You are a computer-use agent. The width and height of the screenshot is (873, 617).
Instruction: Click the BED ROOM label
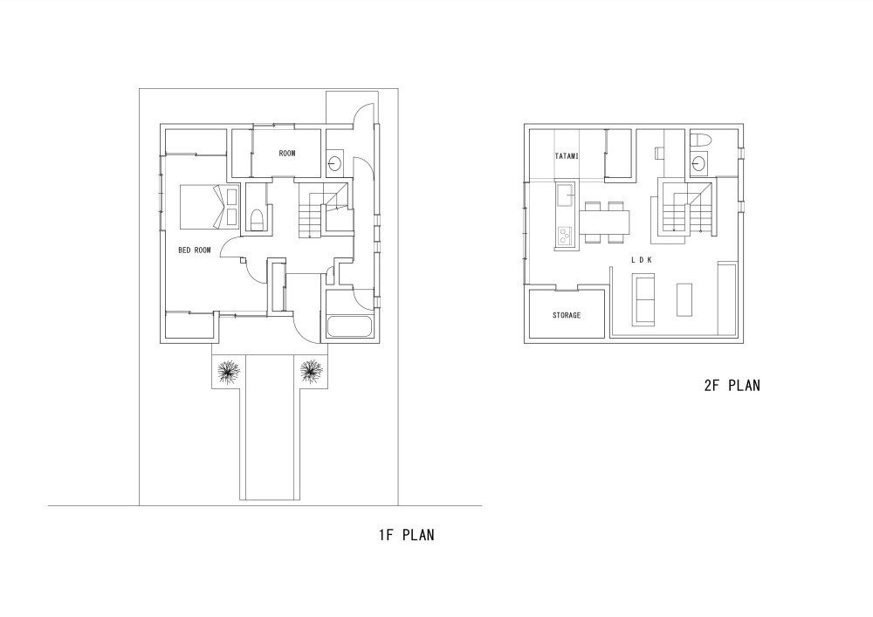tap(195, 250)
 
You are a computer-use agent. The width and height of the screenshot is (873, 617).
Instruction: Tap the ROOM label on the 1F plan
tap(287, 154)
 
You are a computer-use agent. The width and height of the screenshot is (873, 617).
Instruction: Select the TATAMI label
tap(568, 156)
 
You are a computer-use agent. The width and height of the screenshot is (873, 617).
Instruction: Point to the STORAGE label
tap(567, 315)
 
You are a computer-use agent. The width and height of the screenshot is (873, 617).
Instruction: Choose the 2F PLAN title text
tap(731, 385)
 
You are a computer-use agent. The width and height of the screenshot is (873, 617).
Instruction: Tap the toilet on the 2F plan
tap(700, 141)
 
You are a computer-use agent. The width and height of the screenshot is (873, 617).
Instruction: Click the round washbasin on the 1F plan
tap(335, 162)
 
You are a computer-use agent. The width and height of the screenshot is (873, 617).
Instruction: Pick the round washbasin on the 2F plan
tap(699, 164)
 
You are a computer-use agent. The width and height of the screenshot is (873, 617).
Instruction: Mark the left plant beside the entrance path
tap(229, 373)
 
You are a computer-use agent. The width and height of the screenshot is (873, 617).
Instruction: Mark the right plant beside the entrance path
tap(312, 373)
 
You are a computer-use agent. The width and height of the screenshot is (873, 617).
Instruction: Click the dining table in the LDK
tap(604, 223)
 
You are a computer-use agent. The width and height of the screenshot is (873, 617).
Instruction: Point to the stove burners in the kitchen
tap(563, 235)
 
